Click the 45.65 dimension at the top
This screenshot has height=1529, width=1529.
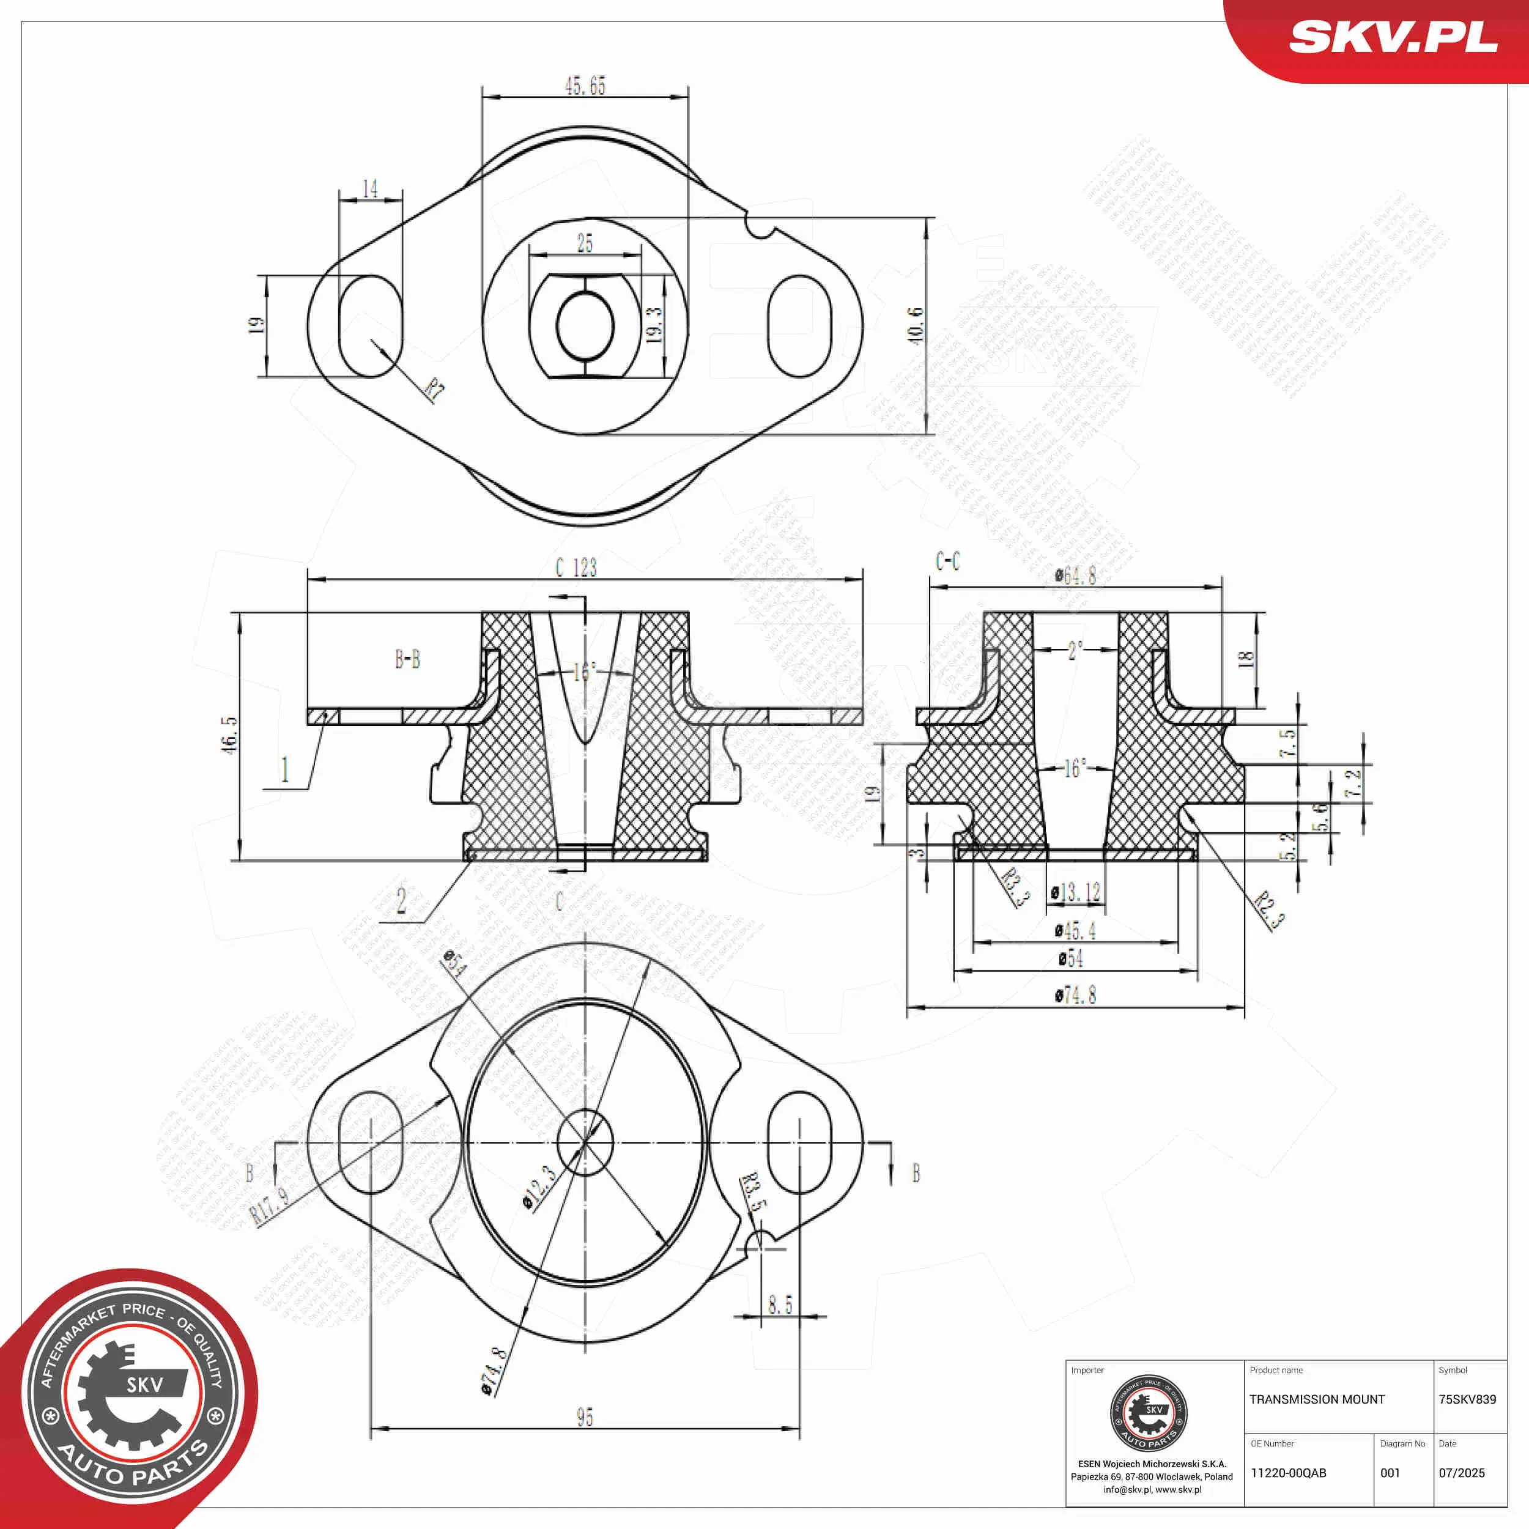pos(585,86)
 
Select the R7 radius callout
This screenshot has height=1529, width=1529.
pos(434,390)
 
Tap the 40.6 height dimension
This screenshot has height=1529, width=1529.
pos(916,325)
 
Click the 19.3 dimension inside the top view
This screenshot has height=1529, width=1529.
pos(654,325)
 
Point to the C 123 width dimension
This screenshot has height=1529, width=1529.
pos(576,568)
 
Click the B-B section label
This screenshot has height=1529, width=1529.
pos(407,659)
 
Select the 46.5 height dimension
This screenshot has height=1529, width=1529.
pos(229,735)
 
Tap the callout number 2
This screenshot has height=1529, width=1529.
pos(401,901)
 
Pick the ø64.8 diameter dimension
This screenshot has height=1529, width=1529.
pos(1076,576)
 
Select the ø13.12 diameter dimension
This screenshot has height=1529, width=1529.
pos(1076,893)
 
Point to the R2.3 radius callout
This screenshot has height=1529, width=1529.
pos(1270,909)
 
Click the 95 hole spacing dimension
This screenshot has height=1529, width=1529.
pos(585,1416)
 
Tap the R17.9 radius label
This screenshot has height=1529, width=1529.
pos(270,1206)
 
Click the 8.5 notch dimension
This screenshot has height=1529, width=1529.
pos(780,1303)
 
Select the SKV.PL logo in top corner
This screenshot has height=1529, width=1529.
pos(1393,37)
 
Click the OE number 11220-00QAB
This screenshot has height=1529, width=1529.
pos(1289,1473)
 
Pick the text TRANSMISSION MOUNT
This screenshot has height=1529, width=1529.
pos(1317,1399)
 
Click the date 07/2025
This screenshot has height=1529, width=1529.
pos(1462,1473)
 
